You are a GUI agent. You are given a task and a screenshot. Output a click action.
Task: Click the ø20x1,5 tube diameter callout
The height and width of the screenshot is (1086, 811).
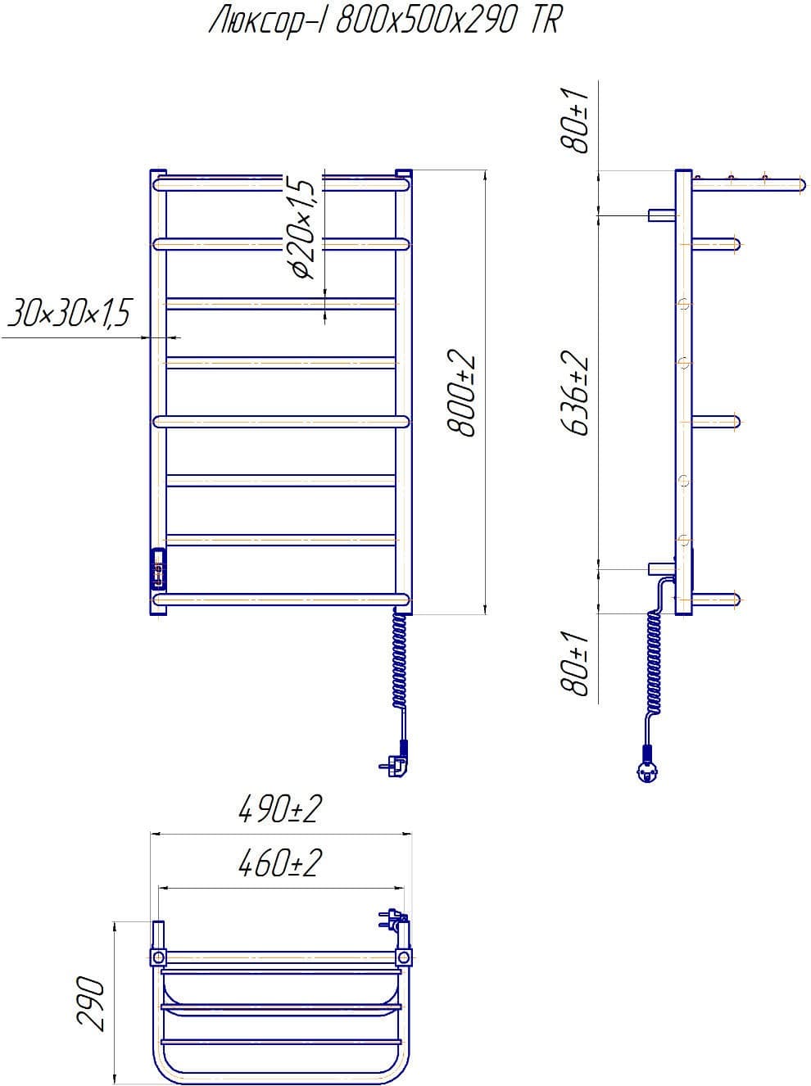point(301,228)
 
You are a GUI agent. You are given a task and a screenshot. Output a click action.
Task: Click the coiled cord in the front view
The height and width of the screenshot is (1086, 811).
point(400,660)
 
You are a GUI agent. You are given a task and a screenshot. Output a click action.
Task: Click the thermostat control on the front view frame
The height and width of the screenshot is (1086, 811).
point(158,568)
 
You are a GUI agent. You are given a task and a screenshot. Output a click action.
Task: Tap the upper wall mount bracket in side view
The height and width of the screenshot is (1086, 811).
point(661,215)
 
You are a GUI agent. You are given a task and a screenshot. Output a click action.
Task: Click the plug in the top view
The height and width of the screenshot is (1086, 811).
point(392,919)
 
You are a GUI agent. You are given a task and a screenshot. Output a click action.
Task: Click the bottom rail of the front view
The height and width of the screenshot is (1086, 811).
point(281,600)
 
